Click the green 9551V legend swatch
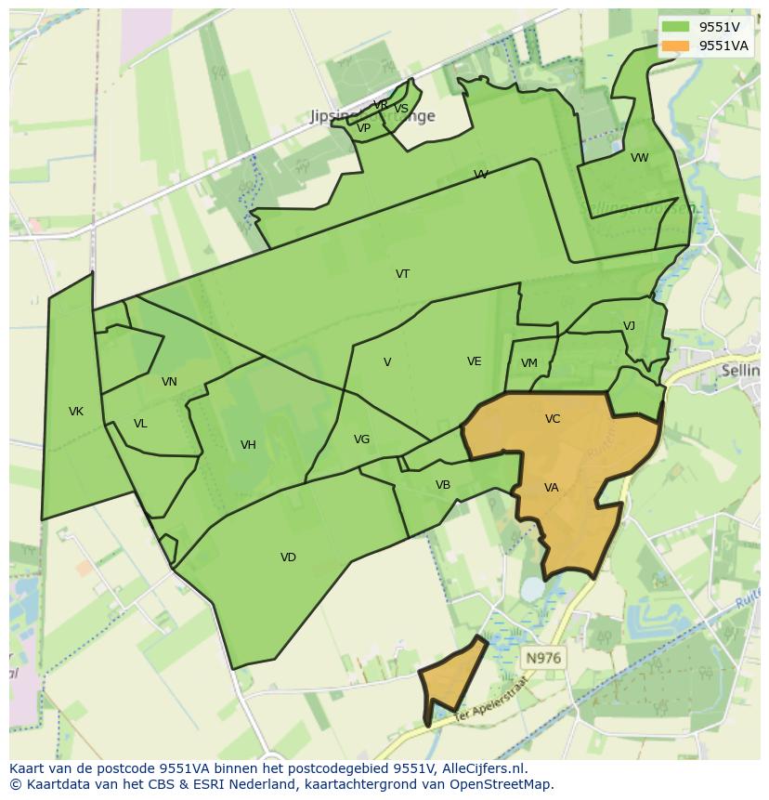pyautogui.click(x=676, y=27)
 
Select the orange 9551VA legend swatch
pyautogui.click(x=676, y=46)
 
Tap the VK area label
pyautogui.click(x=76, y=412)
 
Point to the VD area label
pyautogui.click(x=288, y=557)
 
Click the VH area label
pyautogui.click(x=248, y=445)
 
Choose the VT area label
pyautogui.click(x=402, y=274)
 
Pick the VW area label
pyautogui.click(x=640, y=158)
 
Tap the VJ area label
pyautogui.click(x=629, y=326)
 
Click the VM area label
pyautogui.click(x=529, y=363)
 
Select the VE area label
pyautogui.click(x=475, y=361)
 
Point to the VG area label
pyautogui.click(x=361, y=439)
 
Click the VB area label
pyautogui.click(x=443, y=485)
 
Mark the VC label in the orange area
pyautogui.click(x=553, y=419)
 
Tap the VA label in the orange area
pyautogui.click(x=552, y=488)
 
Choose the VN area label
pyautogui.click(x=169, y=382)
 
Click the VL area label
pyautogui.click(x=140, y=424)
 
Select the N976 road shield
pyautogui.click(x=543, y=658)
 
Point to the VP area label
pyautogui.click(x=364, y=129)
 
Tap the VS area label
pyautogui.click(x=401, y=109)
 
